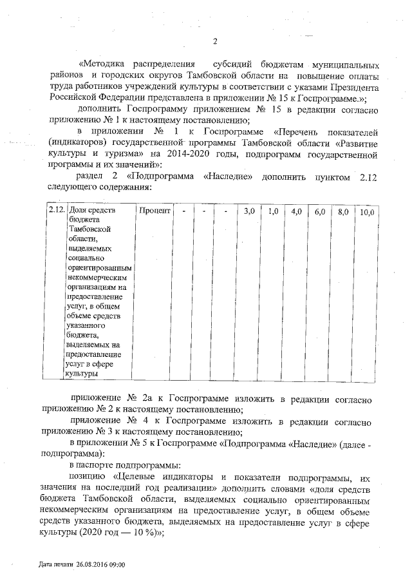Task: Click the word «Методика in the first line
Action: point(100,65)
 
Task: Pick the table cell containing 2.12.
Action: point(56,211)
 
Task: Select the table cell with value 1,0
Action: point(273,211)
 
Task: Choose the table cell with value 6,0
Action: point(319,211)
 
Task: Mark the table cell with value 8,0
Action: point(343,211)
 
